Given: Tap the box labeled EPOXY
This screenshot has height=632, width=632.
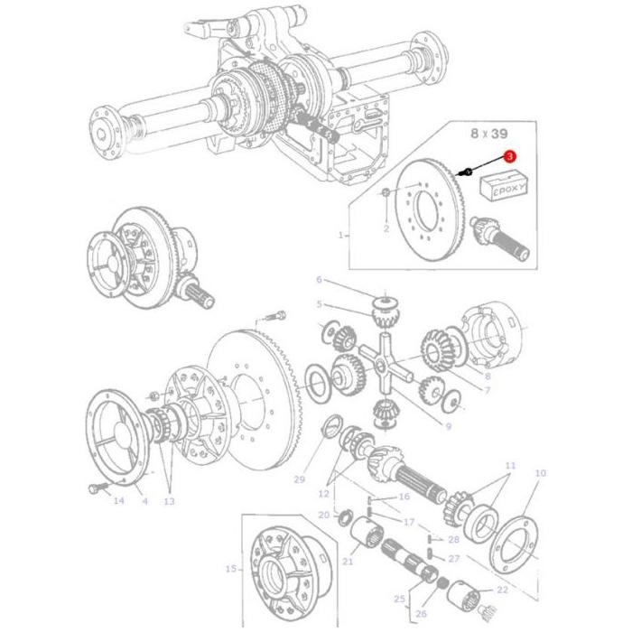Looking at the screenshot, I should [x=503, y=188].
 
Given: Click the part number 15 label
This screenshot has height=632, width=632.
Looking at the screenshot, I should [x=229, y=569].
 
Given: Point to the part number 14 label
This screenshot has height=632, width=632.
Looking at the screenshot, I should [x=118, y=500].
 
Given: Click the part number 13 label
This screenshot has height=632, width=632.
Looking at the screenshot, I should [x=169, y=501].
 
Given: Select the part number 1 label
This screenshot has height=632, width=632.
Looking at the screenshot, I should [x=341, y=235].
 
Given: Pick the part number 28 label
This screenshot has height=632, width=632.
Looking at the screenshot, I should [x=453, y=539].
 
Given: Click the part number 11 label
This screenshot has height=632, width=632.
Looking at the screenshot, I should [x=510, y=466].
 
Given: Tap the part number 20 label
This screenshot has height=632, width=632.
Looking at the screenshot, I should [x=324, y=515].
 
